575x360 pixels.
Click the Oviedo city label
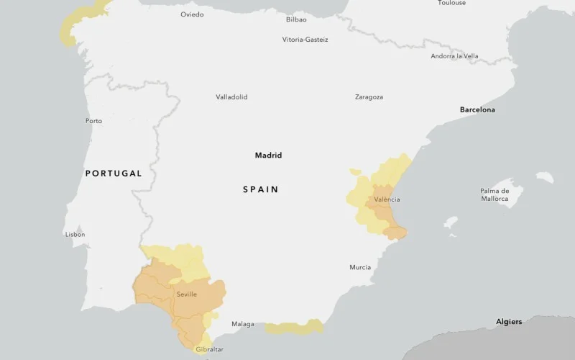pyautogui.click(x=192, y=14)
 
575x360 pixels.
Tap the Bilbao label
pyautogui.click(x=296, y=19)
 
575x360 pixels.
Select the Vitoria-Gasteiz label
pyautogui.click(x=305, y=40)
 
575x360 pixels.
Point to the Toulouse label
pyautogui.click(x=451, y=3)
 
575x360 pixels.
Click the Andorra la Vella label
pyautogui.click(x=454, y=56)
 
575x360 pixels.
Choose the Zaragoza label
pyautogui.click(x=369, y=96)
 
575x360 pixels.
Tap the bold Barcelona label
pyautogui.click(x=477, y=109)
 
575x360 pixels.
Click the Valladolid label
pyautogui.click(x=231, y=96)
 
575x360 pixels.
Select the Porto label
pyautogui.click(x=93, y=121)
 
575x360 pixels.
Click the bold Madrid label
pyautogui.click(x=268, y=155)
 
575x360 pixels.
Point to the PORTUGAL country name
pyautogui.click(x=114, y=174)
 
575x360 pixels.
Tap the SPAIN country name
pyautogui.click(x=260, y=189)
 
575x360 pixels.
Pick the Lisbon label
pyautogui.click(x=75, y=234)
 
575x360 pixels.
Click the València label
pyautogui.click(x=387, y=199)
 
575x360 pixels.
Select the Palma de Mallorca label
pyautogui.click(x=494, y=194)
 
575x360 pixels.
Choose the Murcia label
pyautogui.click(x=360, y=267)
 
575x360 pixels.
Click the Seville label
pyautogui.click(x=186, y=294)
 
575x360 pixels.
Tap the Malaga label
pyautogui.click(x=242, y=324)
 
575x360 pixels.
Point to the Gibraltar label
pyautogui.click(x=209, y=349)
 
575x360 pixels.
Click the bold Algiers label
pyautogui.click(x=509, y=321)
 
